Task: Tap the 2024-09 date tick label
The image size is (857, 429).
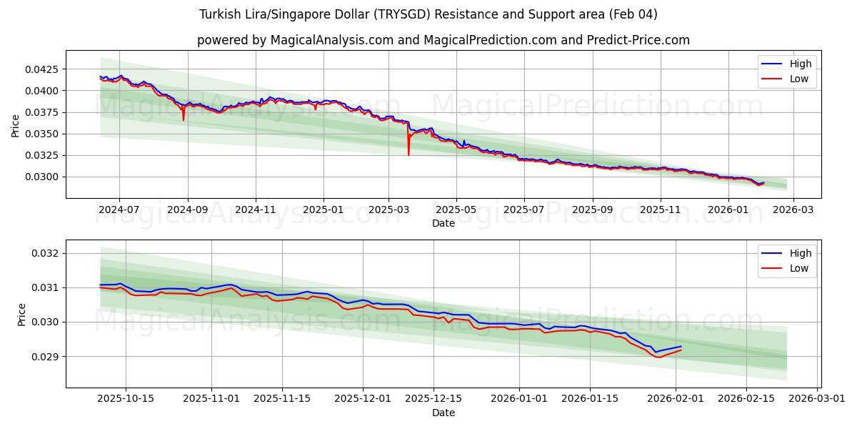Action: [x=188, y=210]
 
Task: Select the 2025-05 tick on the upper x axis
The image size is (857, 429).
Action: [x=456, y=210]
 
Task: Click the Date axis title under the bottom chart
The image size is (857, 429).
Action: [x=443, y=413]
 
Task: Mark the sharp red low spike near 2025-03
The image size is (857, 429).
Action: [x=409, y=153]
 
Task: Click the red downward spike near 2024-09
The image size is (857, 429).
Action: [x=184, y=119]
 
